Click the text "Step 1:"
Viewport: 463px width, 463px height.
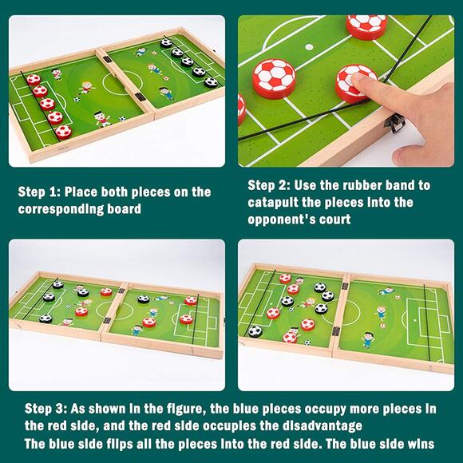click(x=39, y=192)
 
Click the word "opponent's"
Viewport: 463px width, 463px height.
click(x=279, y=220)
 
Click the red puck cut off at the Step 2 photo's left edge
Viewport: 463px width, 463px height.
click(x=241, y=109)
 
